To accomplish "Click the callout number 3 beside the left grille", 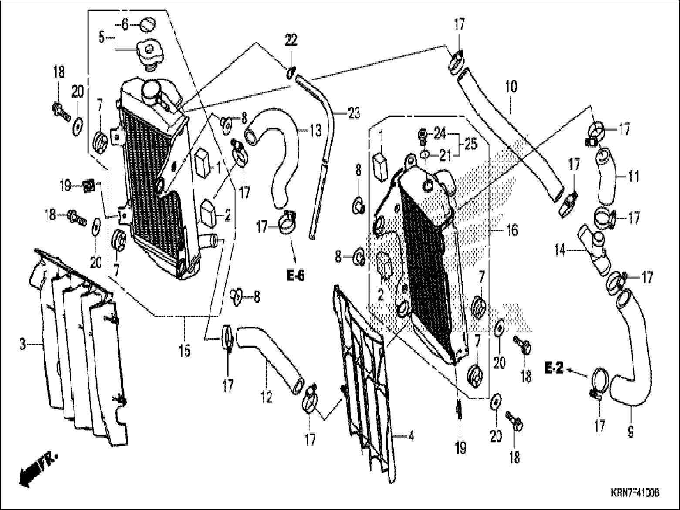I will (23, 345).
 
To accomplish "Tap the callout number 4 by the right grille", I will (411, 435).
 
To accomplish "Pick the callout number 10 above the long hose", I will (511, 87).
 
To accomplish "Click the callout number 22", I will (291, 41).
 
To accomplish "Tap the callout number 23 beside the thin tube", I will (354, 114).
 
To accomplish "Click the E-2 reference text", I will (554, 369).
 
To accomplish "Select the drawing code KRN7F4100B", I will (634, 493).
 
